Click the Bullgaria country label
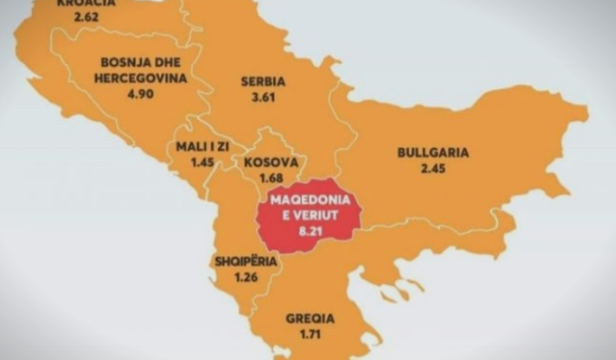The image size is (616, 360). tap(433, 153)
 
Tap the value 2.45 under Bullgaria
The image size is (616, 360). tap(433, 169)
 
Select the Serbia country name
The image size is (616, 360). tap(263, 81)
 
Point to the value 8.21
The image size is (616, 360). tap(311, 233)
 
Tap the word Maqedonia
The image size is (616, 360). tap(310, 203)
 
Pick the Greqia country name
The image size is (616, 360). tap(310, 319)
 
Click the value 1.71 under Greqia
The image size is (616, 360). tap(310, 335)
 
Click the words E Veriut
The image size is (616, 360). tap(311, 218)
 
